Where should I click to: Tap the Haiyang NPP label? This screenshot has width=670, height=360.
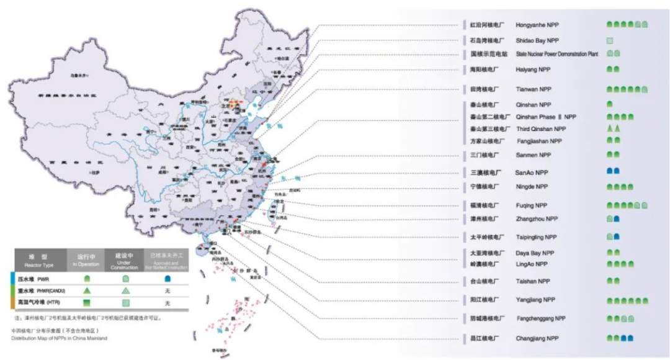[533, 70]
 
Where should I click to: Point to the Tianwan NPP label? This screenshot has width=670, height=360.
[533, 89]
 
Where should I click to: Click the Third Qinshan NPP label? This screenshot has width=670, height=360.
[541, 128]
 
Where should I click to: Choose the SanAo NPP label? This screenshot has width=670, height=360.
[531, 171]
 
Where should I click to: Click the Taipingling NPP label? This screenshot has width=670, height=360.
[536, 237]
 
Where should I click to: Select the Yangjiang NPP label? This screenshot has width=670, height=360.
[534, 299]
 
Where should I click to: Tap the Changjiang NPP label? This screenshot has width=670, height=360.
[536, 339]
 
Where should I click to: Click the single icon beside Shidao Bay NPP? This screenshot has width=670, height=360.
[610, 40]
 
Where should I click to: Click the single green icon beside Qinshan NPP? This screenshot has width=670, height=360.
[610, 105]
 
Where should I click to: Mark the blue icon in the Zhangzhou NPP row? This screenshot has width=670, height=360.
[617, 219]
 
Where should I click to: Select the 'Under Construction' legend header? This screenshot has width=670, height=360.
[126, 259]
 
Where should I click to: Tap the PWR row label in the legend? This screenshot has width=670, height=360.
[38, 279]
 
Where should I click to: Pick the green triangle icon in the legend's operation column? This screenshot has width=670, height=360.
[87, 290]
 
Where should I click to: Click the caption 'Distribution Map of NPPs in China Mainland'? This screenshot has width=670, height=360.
[59, 338]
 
